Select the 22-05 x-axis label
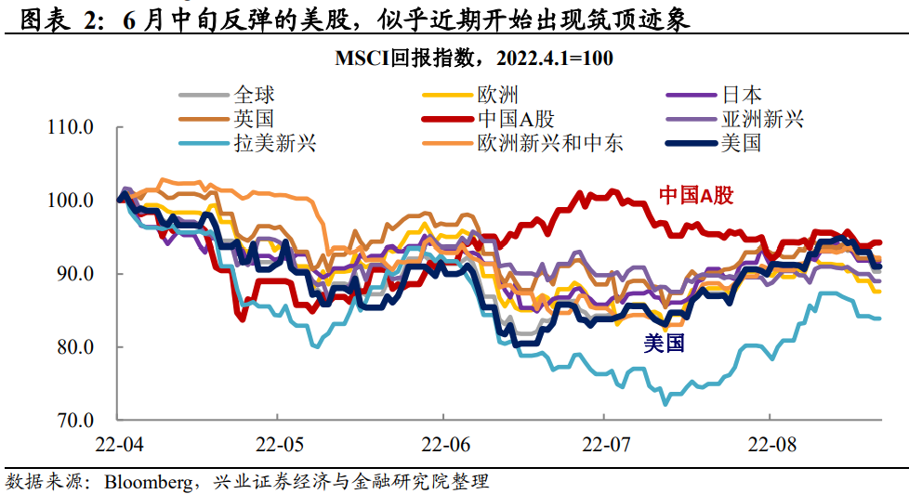click(x=279, y=444)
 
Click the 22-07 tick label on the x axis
click(x=604, y=444)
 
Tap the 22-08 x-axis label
click(x=769, y=444)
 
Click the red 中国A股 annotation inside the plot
click(x=696, y=196)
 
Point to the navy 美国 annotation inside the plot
click(x=664, y=344)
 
